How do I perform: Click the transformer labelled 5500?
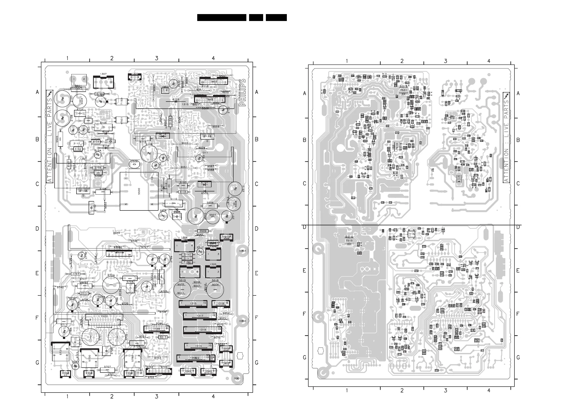pos(139,191)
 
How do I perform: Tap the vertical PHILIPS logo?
pos(242,93)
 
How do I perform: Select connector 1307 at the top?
pos(103,82)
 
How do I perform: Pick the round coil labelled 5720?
pos(111,285)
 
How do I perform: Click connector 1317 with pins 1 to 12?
pos(200,316)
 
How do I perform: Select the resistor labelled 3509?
pos(203,231)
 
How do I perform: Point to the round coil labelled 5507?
pos(213,217)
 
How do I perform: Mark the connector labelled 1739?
pos(157,329)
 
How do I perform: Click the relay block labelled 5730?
pos(90,358)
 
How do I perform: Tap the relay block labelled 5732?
pos(133,358)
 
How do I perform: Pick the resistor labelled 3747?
pos(76,274)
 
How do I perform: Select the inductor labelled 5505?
pos(60,139)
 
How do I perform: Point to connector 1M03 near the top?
pos(214,82)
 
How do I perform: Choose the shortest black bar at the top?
pos(256,18)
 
